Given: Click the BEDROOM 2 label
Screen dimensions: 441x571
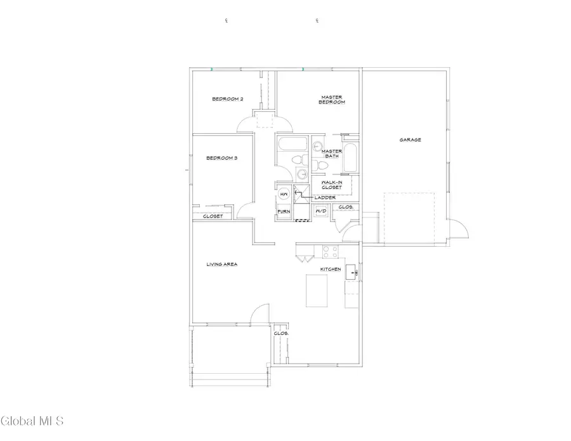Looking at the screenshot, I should [x=228, y=98].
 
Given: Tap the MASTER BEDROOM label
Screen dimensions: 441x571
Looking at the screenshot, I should [x=332, y=100].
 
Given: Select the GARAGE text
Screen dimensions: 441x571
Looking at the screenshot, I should [x=410, y=140].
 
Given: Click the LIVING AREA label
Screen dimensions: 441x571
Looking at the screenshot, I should [x=221, y=264].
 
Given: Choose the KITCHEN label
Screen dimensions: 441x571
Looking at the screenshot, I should [x=331, y=269].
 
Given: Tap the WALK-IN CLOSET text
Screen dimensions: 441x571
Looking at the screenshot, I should [x=331, y=185].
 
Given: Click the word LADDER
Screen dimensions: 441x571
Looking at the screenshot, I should [x=325, y=198].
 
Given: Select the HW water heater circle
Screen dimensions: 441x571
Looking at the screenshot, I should [x=284, y=194].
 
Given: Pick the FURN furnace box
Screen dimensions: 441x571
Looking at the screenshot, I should [x=284, y=211].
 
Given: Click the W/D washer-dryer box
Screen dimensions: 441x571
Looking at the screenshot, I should [x=321, y=211].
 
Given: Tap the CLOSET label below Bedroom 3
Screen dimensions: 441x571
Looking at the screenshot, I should [x=213, y=216].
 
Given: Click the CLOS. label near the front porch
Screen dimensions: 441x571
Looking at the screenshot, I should [x=281, y=333].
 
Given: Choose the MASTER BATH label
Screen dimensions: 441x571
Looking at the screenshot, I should [x=332, y=154].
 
